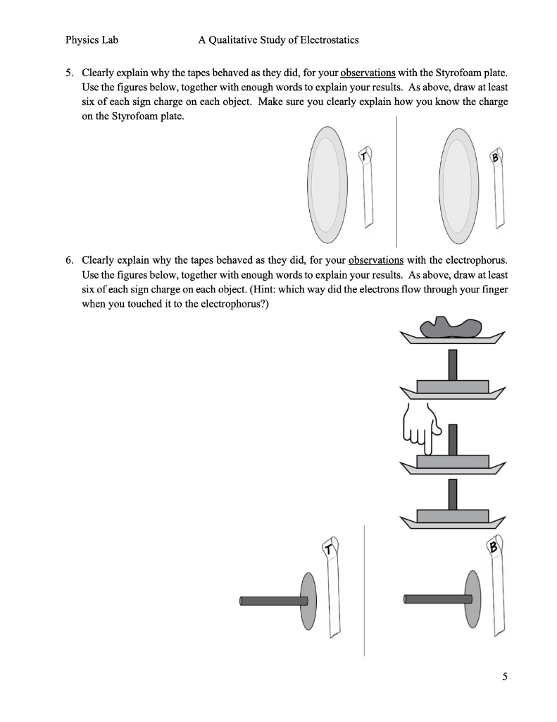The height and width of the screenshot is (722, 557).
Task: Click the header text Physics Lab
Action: [x=92, y=40]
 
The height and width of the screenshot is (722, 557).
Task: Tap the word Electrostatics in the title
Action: [x=325, y=40]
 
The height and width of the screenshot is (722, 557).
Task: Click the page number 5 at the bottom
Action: [x=504, y=678]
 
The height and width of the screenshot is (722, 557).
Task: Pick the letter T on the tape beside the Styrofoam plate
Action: [x=364, y=156]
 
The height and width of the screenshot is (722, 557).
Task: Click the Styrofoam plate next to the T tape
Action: [x=327, y=185]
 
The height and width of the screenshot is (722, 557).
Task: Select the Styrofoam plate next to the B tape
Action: [x=458, y=185]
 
